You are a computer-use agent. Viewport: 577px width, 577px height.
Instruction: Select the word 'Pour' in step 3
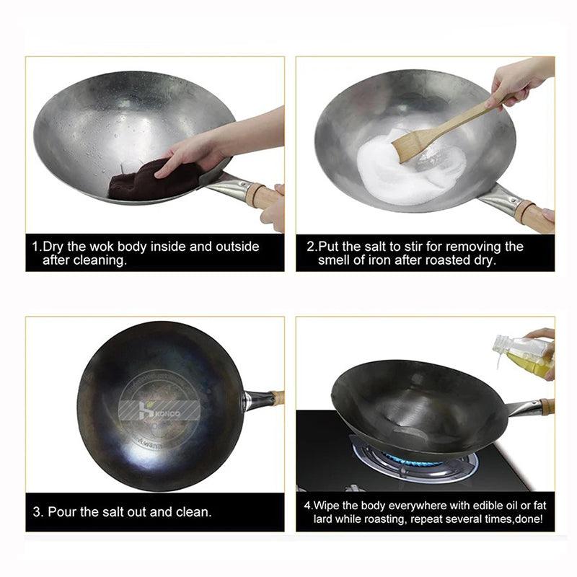click(66, 512)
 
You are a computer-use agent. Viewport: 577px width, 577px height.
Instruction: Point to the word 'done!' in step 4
click(530, 519)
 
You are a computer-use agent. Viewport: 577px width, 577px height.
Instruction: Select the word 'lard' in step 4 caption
click(324, 519)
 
